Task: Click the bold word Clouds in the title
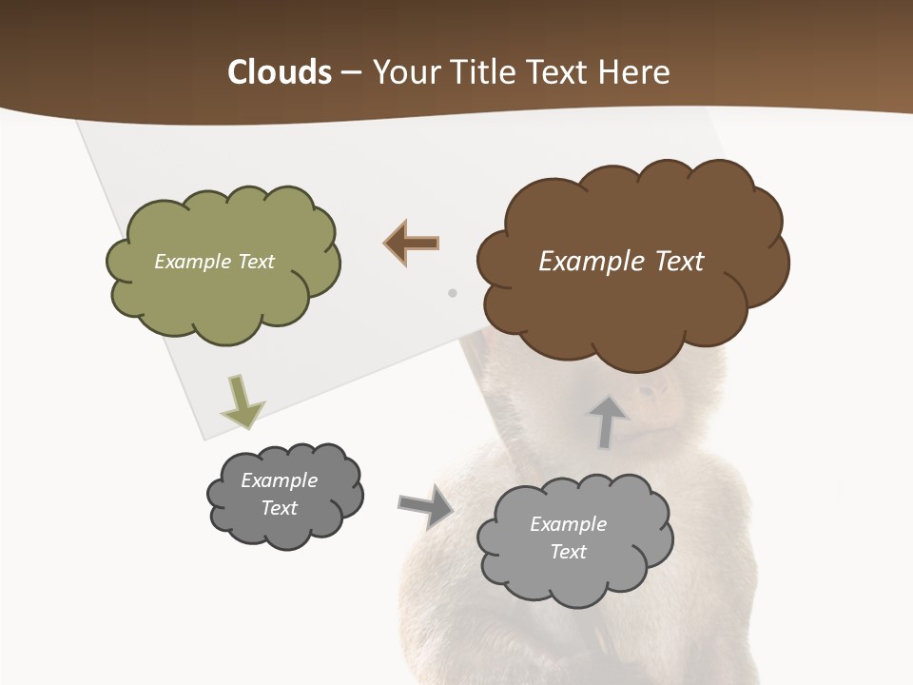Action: [x=280, y=72]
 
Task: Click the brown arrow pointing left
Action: [x=412, y=244]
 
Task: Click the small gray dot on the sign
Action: [x=453, y=293]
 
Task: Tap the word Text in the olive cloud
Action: [x=256, y=262]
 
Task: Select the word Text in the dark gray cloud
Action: [x=280, y=508]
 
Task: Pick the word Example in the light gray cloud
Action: [x=568, y=524]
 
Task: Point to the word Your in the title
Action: [x=405, y=72]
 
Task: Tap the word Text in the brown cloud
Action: [x=680, y=262]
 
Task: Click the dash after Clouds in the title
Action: [x=351, y=72]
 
